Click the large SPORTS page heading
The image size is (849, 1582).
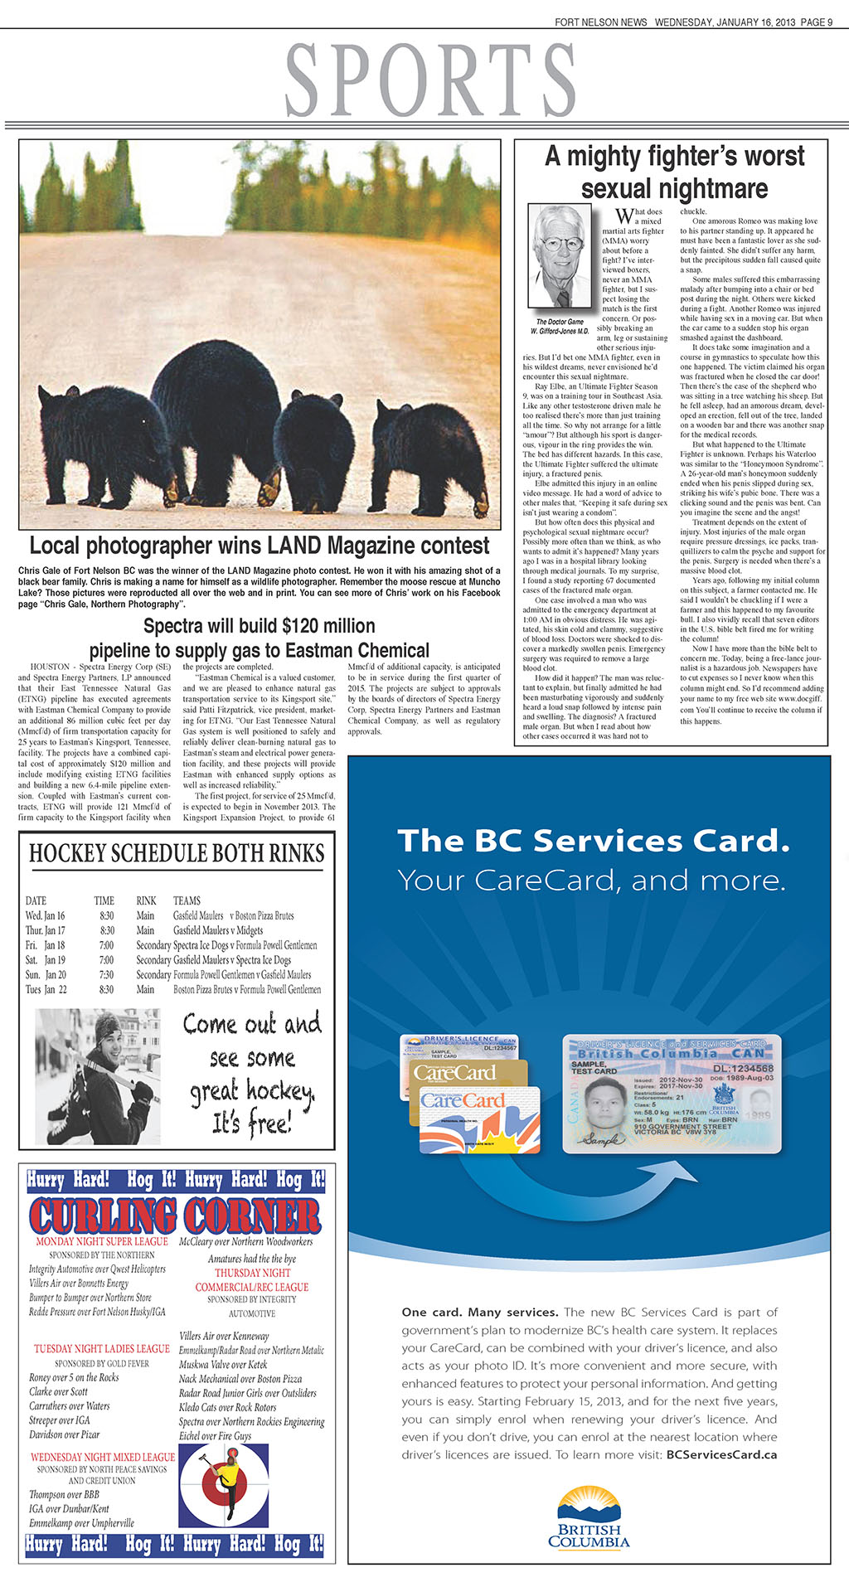tap(430, 80)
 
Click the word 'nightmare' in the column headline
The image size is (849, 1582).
tap(674, 188)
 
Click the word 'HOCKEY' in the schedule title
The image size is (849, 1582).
tap(69, 853)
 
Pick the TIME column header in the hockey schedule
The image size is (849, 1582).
tap(104, 900)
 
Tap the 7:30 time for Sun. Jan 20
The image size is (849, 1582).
tap(107, 975)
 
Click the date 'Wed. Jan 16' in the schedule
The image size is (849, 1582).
tap(46, 915)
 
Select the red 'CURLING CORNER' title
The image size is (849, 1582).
tap(175, 1216)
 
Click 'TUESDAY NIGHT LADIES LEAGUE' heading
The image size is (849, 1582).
tap(101, 1349)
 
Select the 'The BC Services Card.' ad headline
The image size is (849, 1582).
tap(594, 840)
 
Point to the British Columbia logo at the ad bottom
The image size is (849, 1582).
tap(589, 1517)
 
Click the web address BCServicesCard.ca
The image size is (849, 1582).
tap(721, 1454)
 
